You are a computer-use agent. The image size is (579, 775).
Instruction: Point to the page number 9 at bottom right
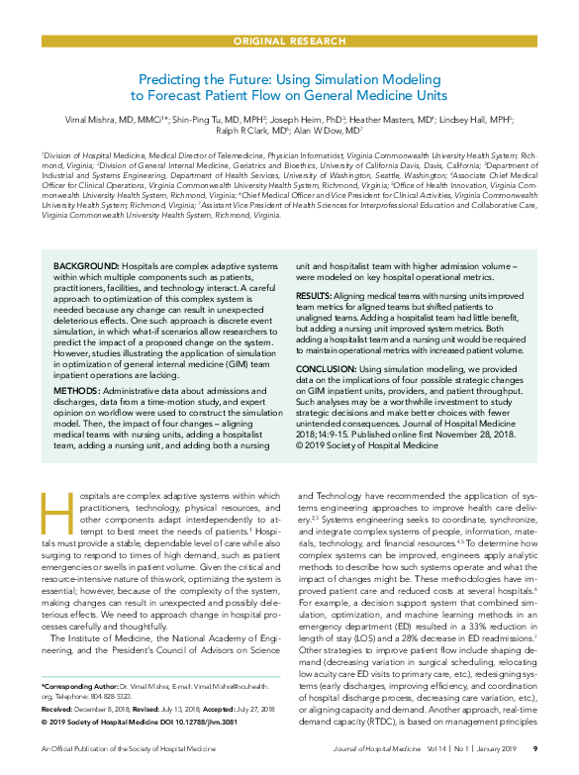534,762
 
